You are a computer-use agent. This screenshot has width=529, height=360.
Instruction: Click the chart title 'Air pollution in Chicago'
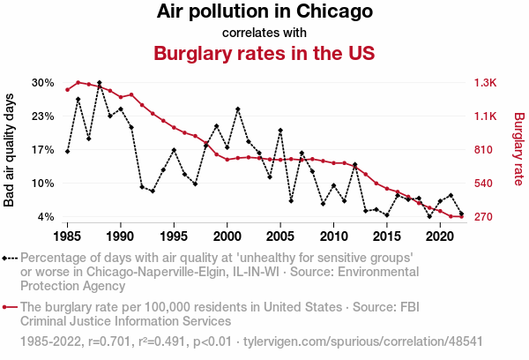point(264,12)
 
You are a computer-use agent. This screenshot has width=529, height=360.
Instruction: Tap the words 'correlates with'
point(264,33)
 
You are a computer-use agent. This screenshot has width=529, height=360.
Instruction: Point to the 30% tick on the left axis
point(43,83)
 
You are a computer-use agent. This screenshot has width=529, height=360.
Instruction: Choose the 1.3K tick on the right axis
point(487,83)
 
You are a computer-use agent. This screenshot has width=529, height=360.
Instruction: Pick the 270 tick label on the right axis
point(486,217)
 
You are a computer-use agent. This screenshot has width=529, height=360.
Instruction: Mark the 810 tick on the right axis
point(486,150)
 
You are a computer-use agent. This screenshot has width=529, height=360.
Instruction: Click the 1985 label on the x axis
point(67,236)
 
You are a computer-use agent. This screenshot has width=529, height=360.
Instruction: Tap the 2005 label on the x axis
point(280,236)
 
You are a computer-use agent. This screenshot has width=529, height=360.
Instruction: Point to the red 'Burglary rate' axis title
point(518,150)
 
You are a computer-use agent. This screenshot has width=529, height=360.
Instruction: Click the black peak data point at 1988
point(100,83)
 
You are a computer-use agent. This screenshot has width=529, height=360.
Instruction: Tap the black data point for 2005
point(280,131)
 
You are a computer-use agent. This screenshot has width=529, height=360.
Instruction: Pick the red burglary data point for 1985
point(67,90)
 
